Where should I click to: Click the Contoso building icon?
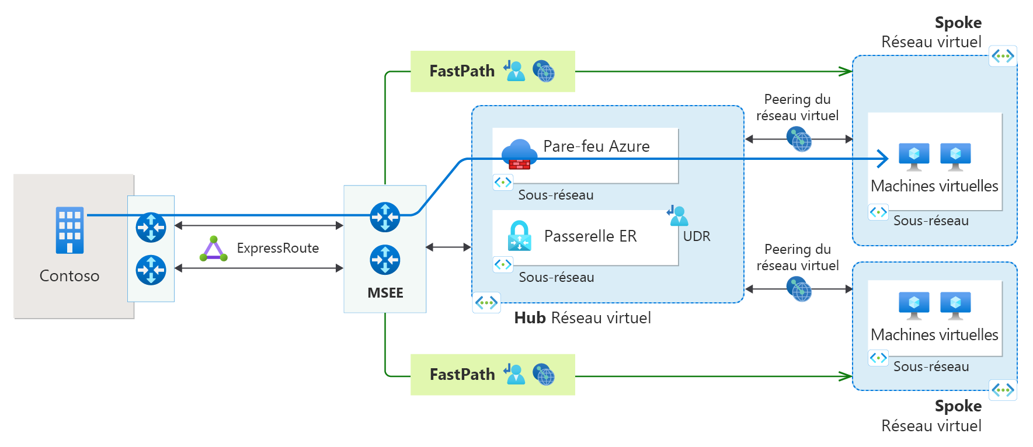point(69,231)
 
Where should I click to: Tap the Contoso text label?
point(69,275)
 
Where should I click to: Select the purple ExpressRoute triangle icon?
point(213,249)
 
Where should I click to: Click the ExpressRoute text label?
point(277,248)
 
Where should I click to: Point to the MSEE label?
point(385,293)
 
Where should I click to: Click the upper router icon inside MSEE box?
point(385,217)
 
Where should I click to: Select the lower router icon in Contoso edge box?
point(151,270)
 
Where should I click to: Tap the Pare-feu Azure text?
point(596,146)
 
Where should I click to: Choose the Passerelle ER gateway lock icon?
point(519,236)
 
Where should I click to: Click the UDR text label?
point(697,236)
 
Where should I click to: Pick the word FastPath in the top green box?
point(462,71)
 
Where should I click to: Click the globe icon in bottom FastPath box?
point(544,375)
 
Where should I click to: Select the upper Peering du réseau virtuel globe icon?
point(799,139)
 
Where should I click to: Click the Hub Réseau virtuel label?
point(582,318)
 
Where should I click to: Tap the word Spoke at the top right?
point(958,23)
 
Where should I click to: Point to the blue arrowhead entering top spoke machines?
point(883,158)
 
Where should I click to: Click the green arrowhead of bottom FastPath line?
point(845,376)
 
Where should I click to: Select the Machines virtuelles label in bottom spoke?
point(934,335)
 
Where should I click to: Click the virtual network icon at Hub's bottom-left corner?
point(486,302)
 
